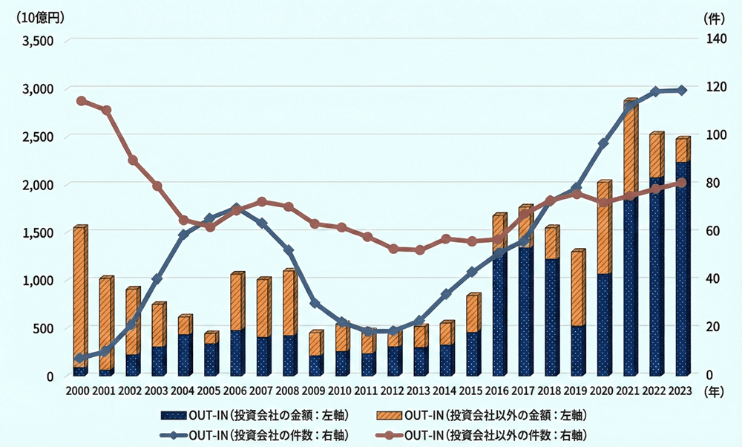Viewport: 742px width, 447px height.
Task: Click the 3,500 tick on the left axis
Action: coord(38,41)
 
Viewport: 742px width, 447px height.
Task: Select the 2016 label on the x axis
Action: coord(497,391)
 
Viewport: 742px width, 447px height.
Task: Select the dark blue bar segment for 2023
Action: coord(681,267)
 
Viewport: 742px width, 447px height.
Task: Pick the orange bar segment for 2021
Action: coord(629,149)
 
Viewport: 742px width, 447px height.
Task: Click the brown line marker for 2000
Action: coord(81,101)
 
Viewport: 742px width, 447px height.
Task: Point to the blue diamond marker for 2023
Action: coord(682,91)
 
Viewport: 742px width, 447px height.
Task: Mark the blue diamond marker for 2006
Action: coord(236,209)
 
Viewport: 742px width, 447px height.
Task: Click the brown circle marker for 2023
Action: coord(682,183)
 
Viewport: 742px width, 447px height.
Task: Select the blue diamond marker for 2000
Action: coord(81,358)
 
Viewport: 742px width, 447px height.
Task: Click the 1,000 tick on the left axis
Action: coord(38,281)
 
